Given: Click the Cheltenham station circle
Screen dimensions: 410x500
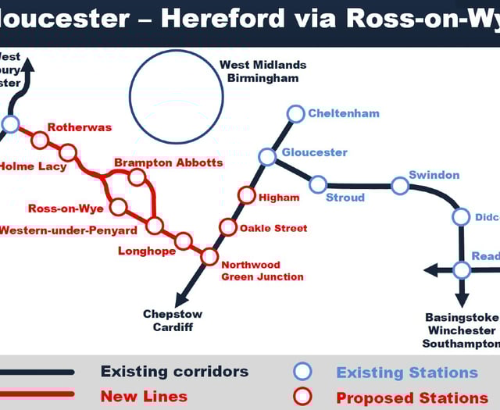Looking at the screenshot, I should [295, 114].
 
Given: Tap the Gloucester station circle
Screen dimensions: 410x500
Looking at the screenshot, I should [267, 157].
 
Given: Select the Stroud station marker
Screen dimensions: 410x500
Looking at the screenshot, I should [318, 184].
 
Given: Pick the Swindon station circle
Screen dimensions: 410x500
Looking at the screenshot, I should [400, 186].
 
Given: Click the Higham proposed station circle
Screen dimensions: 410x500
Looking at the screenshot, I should [246, 195].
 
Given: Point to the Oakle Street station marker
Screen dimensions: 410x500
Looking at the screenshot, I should [227, 227].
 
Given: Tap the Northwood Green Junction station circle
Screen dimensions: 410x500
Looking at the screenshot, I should [209, 256].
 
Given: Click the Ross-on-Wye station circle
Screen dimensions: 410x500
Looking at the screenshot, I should [118, 207].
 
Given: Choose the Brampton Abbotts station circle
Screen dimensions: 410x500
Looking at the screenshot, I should [137, 176].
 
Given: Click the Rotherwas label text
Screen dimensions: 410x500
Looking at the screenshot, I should [80, 127].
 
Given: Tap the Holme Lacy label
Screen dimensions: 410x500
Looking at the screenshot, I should [33, 166].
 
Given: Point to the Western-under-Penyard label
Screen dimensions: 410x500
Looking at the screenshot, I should [68, 230].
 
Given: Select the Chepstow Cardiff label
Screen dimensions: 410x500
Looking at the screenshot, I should [173, 320].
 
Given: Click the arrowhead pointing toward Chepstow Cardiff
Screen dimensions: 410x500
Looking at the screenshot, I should [182, 299].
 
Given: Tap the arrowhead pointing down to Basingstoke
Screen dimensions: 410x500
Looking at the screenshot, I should [462, 301].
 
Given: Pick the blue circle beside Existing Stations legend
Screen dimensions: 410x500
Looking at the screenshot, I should [302, 372].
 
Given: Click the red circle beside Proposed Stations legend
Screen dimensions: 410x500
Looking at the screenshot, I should [302, 397].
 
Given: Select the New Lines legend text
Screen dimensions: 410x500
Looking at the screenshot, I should [144, 396].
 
